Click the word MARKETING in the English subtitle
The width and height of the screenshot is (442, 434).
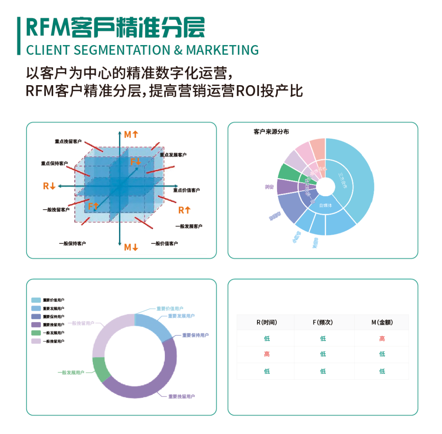[222, 50]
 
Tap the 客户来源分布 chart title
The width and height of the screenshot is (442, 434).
[271, 132]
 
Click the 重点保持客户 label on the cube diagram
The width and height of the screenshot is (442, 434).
[54, 163]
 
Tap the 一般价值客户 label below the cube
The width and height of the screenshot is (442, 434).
[164, 244]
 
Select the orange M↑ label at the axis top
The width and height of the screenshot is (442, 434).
[131, 134]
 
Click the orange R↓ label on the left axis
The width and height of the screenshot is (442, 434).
[49, 186]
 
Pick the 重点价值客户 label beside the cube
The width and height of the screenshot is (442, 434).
[186, 190]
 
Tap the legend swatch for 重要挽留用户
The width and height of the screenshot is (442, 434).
[36, 325]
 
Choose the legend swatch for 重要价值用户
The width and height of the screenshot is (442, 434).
[36, 300]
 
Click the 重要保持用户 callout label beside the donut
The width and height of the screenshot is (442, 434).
[195, 335]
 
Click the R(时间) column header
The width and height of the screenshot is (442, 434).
[267, 323]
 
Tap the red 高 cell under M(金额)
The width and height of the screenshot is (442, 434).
[382, 339]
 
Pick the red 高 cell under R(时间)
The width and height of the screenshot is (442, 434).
[267, 354]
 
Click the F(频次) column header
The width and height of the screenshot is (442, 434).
[323, 323]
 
